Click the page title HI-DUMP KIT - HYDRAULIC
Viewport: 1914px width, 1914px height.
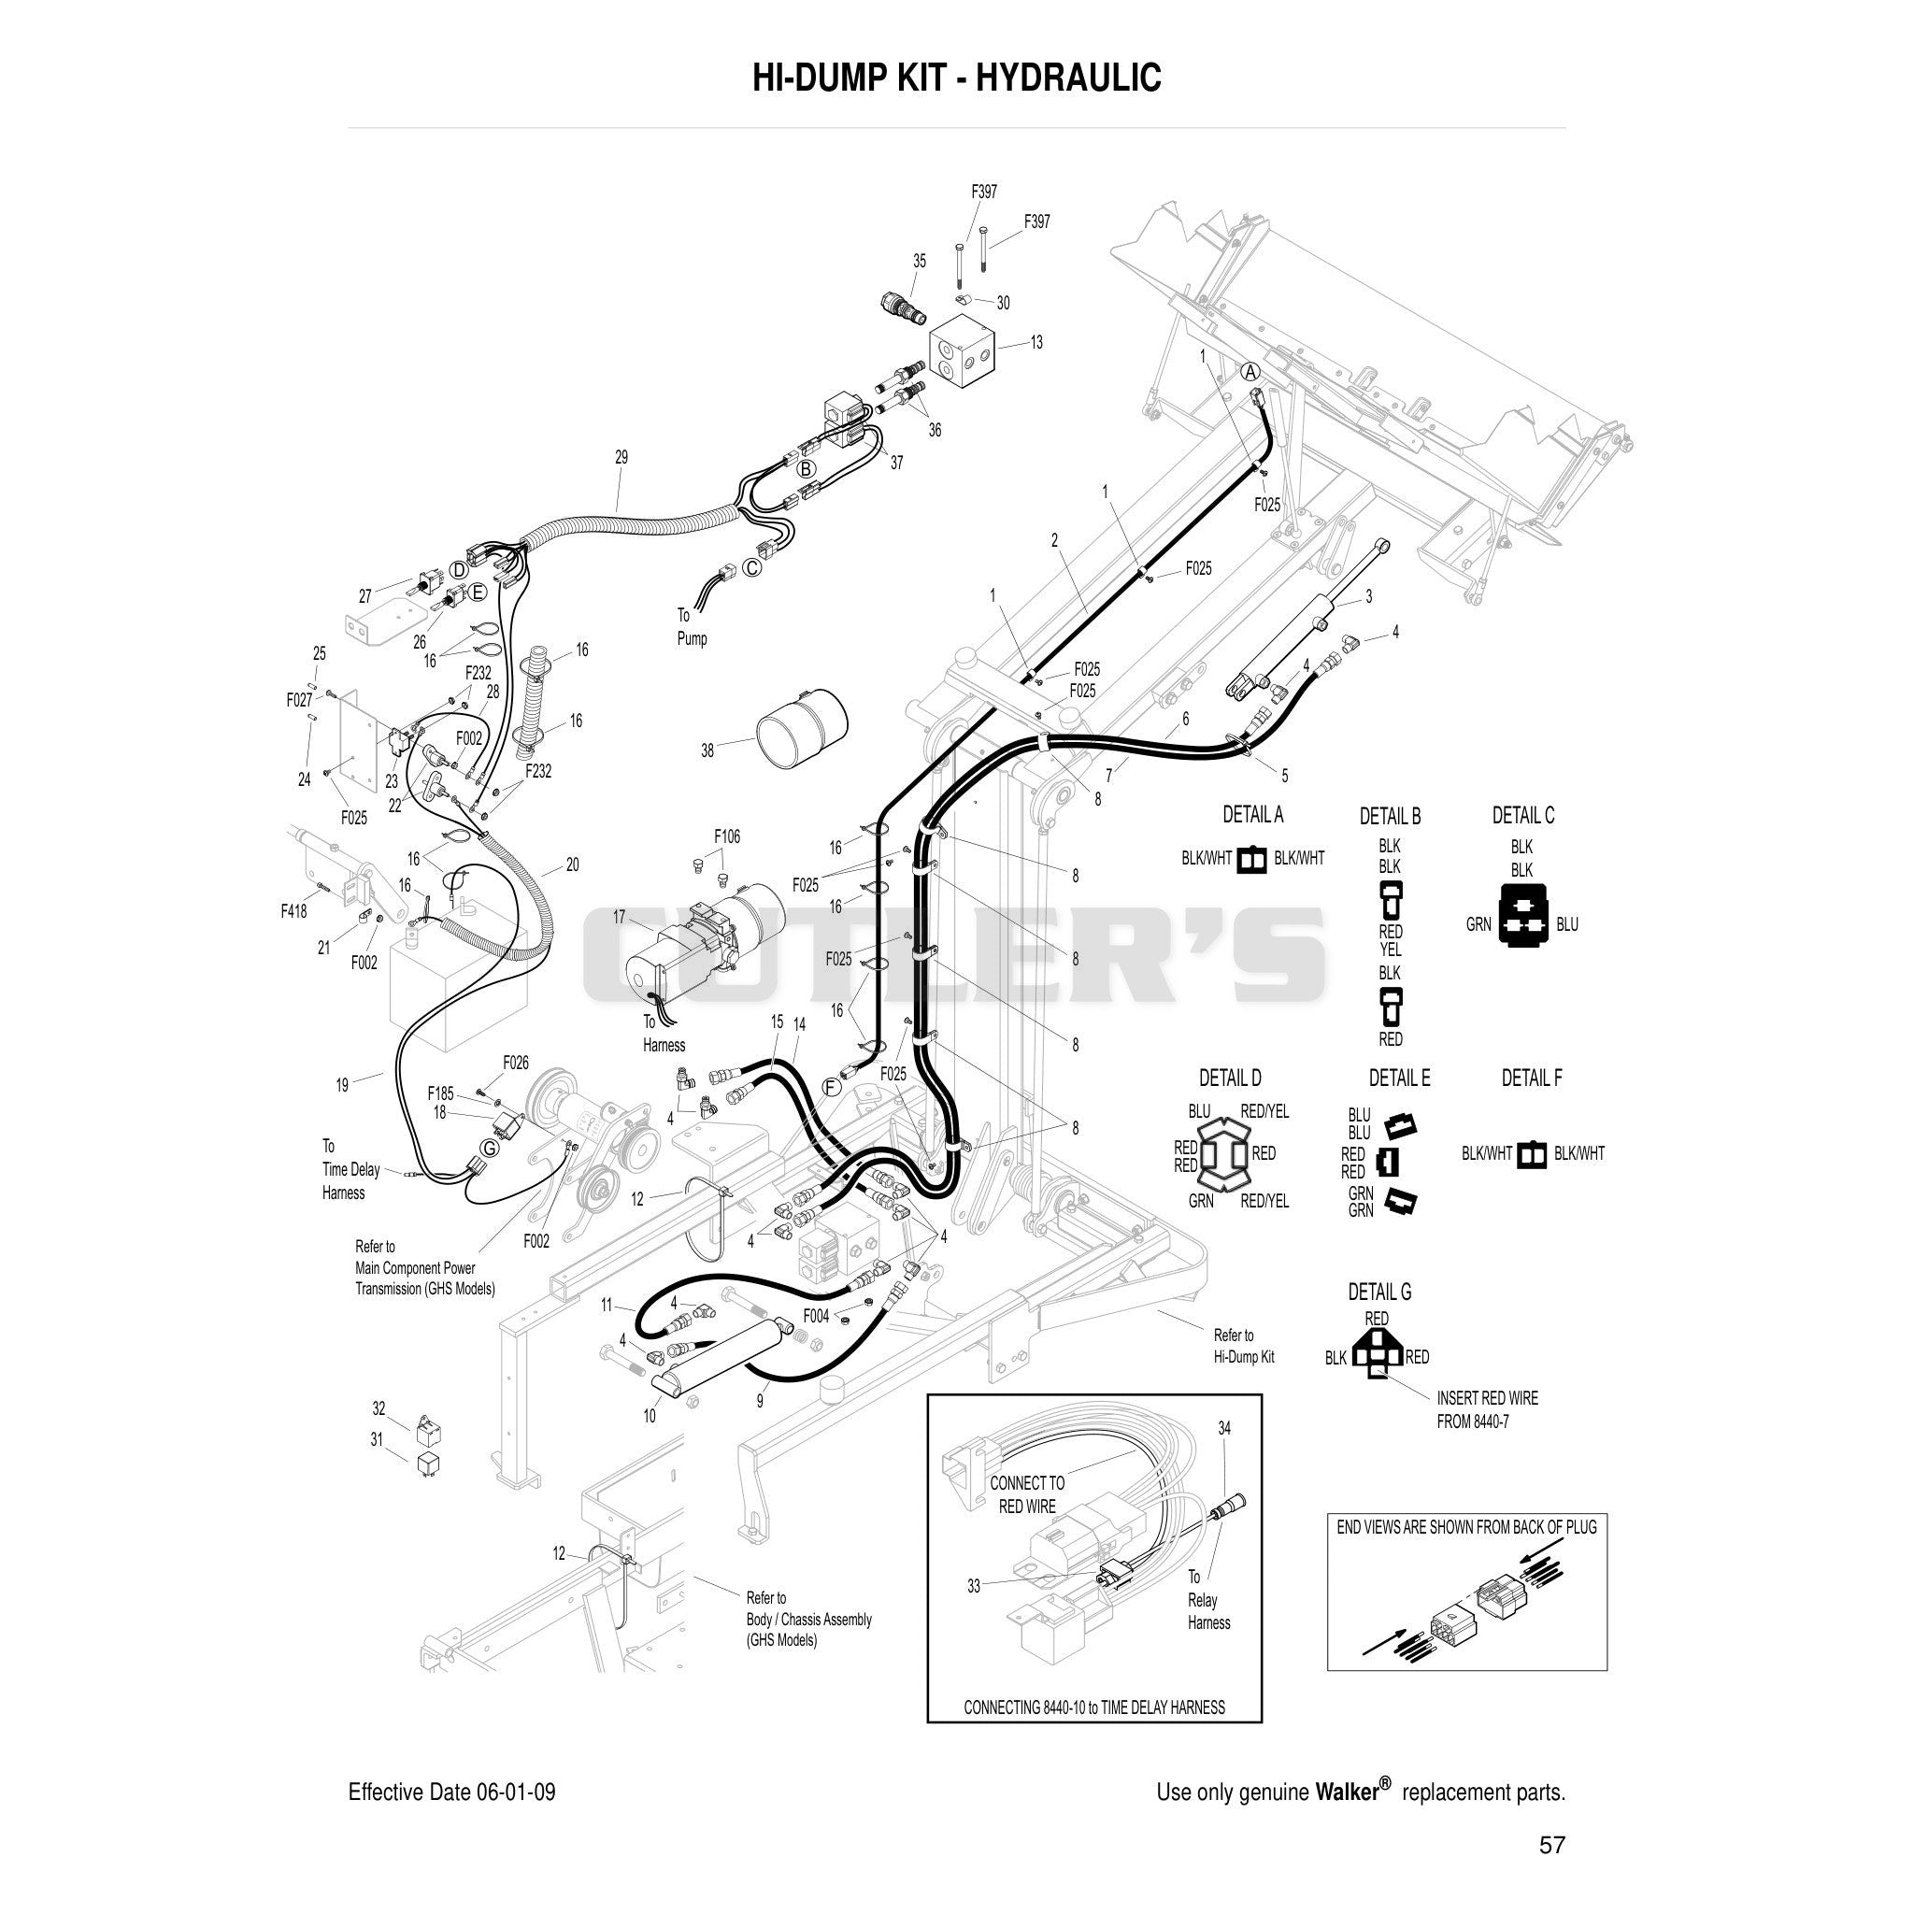pyautogui.click(x=956, y=78)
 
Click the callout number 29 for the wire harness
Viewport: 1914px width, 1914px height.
pyautogui.click(x=621, y=458)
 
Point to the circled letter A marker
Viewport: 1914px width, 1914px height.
pyautogui.click(x=1251, y=372)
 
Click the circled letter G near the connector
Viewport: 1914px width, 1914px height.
pyautogui.click(x=490, y=1149)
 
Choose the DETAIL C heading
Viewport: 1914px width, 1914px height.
pyautogui.click(x=1522, y=815)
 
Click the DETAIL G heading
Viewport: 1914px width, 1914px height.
pyautogui.click(x=1379, y=1292)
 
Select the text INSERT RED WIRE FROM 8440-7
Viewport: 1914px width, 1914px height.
pyautogui.click(x=1487, y=1409)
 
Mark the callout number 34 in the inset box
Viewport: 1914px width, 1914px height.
pyautogui.click(x=1224, y=1429)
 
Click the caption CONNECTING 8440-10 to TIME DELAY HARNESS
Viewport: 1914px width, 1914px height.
pyautogui.click(x=1093, y=1708)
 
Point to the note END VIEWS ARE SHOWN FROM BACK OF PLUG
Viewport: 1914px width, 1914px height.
pyautogui.click(x=1466, y=1528)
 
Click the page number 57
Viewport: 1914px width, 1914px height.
pyautogui.click(x=1552, y=1845)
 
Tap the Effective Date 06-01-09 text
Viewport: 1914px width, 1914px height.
pyautogui.click(x=451, y=1793)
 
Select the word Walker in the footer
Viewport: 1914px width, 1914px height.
pyautogui.click(x=1347, y=1792)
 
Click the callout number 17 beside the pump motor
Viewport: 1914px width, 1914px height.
pyautogui.click(x=620, y=918)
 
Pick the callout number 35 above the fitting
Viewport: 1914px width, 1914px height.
pyautogui.click(x=920, y=261)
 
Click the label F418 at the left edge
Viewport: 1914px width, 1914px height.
pyautogui.click(x=293, y=911)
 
